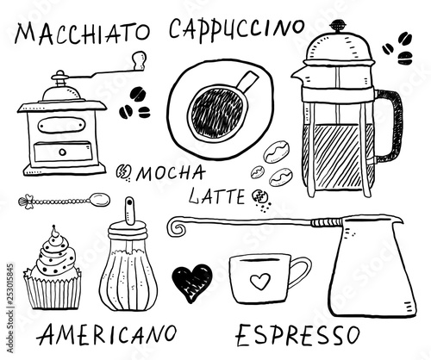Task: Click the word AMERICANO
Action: point(109,332)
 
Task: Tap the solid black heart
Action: point(191,280)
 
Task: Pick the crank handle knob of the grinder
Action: point(136,59)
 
